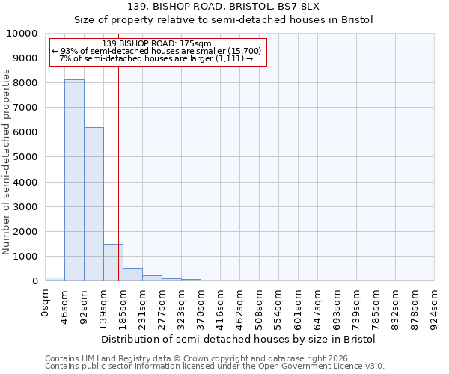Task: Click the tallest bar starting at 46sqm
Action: pyautogui.click(x=74, y=180)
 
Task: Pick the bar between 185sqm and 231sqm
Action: pyautogui.click(x=132, y=274)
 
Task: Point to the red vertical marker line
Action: pyautogui.click(x=118, y=172)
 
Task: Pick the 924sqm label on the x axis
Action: pyautogui.click(x=435, y=307)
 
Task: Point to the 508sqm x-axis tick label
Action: pyautogui.click(x=260, y=307)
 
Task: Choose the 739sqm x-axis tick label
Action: pyautogui.click(x=357, y=307)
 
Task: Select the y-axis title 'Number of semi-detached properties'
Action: pyautogui.click(x=7, y=162)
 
